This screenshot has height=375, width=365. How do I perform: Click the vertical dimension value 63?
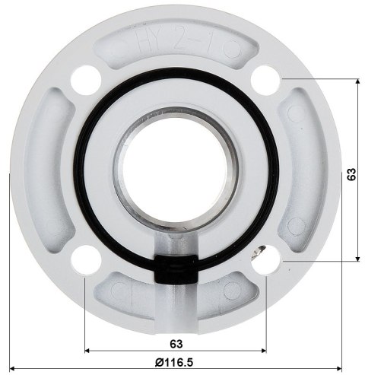tap(351, 173)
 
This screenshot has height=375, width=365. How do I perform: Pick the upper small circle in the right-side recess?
tap(298, 116)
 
